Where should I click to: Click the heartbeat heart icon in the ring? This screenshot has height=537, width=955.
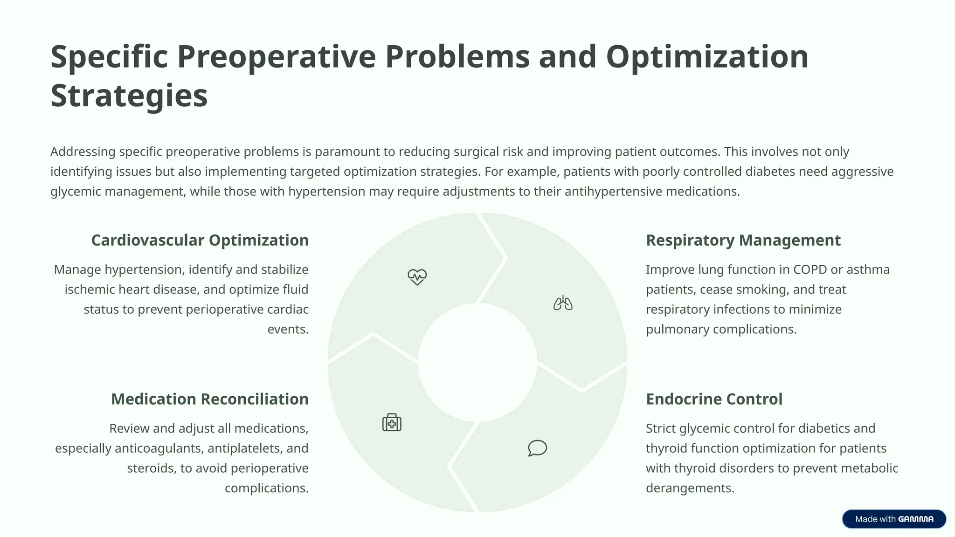click(x=417, y=277)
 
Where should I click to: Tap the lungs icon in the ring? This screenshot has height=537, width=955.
click(x=563, y=303)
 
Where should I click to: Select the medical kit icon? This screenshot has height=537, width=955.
click(x=392, y=422)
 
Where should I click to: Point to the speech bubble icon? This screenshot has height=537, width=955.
click(x=537, y=448)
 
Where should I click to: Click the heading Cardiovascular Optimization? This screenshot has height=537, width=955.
click(x=200, y=241)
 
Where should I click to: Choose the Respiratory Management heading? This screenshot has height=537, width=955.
click(x=743, y=241)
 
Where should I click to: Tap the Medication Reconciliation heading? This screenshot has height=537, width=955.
click(x=209, y=399)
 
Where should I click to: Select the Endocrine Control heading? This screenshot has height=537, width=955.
click(x=714, y=399)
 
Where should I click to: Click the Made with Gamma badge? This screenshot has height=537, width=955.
click(x=893, y=519)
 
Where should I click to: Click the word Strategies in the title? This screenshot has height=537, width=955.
click(x=129, y=96)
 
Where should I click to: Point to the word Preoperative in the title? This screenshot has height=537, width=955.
click(x=276, y=57)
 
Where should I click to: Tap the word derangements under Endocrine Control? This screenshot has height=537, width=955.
click(x=690, y=489)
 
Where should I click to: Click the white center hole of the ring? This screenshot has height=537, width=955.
click(x=477, y=363)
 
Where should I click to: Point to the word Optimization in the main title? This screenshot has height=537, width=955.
click(x=707, y=57)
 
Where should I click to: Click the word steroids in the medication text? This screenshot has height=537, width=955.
click(x=152, y=468)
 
